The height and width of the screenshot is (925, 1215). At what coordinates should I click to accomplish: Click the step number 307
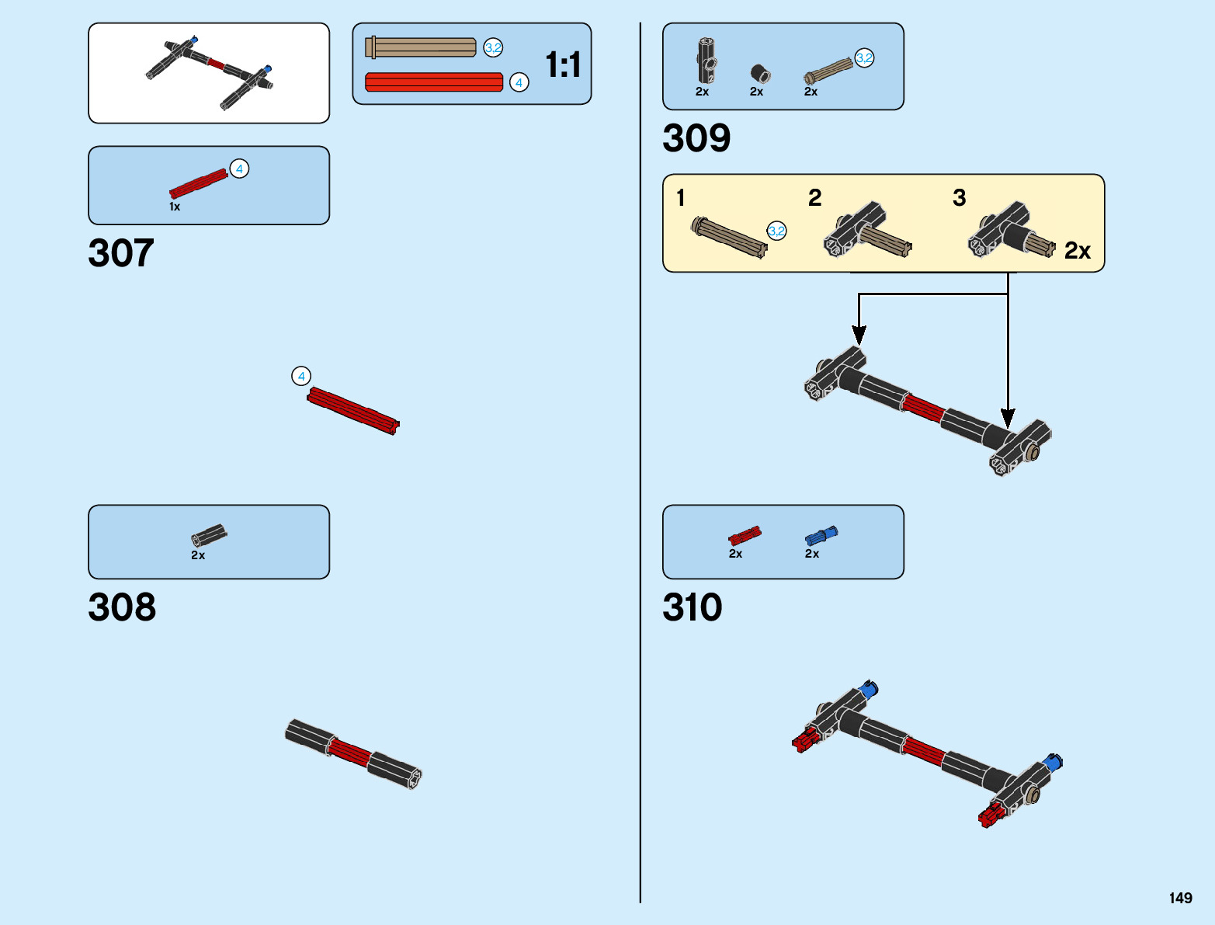[x=121, y=254]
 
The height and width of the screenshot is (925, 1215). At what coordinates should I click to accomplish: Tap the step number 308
[x=122, y=607]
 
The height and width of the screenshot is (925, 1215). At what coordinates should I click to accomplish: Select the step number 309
[x=696, y=139]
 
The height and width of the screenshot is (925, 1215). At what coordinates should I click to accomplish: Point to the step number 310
[x=692, y=607]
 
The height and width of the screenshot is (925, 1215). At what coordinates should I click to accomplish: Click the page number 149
[x=1180, y=898]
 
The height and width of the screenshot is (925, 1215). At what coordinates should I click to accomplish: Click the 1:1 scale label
[x=563, y=65]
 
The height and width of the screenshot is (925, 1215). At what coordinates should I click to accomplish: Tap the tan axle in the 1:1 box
[x=421, y=47]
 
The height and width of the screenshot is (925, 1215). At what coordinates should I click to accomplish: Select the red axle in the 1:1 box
[x=434, y=82]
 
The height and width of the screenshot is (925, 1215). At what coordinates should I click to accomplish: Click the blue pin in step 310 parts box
[x=821, y=535]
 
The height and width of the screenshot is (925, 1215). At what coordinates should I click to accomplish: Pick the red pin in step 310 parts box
[x=745, y=535]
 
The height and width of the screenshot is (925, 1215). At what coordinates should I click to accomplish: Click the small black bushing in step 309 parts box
[x=760, y=74]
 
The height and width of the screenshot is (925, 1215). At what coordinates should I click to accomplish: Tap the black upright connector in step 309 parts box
[x=706, y=61]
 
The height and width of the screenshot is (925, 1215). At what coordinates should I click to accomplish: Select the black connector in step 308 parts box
[x=209, y=534]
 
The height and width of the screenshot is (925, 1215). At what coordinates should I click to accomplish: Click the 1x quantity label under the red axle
[x=175, y=207]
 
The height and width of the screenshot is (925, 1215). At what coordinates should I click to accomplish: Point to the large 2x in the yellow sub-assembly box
[x=1077, y=251]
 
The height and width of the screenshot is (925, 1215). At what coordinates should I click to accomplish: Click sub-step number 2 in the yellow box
[x=814, y=197]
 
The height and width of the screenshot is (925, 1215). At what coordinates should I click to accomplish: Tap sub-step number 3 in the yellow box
[x=959, y=197]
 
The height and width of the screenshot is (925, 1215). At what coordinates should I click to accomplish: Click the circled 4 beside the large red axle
[x=301, y=376]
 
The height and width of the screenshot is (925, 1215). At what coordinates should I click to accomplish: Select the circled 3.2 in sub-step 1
[x=776, y=231]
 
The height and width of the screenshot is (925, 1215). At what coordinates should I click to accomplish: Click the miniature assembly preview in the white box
[x=210, y=73]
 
